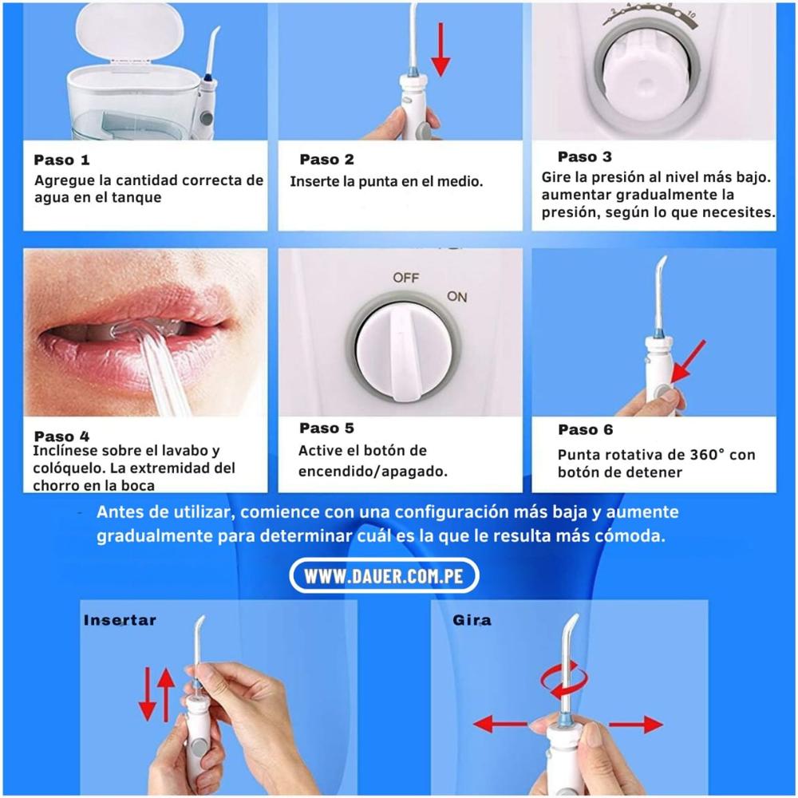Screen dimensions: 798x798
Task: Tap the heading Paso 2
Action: click(326, 160)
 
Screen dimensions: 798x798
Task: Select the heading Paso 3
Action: click(585, 156)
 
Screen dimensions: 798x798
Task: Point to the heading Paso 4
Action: click(62, 437)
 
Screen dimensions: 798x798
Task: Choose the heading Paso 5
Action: click(326, 429)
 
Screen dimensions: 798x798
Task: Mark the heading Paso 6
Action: click(585, 429)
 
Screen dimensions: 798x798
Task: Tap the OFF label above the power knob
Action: click(405, 278)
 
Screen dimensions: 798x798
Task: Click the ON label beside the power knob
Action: click(456, 297)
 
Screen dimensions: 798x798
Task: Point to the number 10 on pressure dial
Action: click(690, 15)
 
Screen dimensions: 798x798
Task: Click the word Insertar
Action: click(120, 620)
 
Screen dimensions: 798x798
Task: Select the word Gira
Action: click(472, 620)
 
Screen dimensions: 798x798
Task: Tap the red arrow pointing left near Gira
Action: click(501, 725)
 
